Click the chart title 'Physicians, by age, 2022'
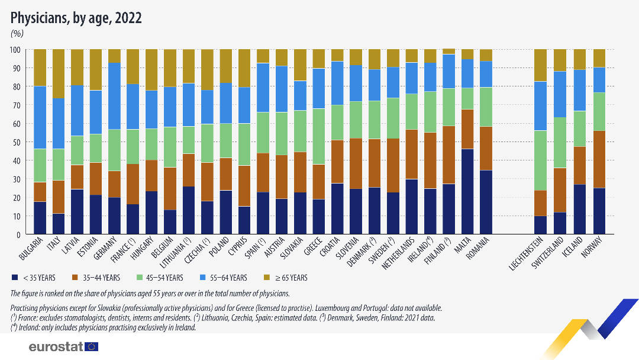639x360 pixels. pyautogui.click(x=76, y=18)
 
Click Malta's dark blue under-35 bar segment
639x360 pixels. pyautogui.click(x=467, y=191)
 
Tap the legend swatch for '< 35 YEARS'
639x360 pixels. pyautogui.click(x=14, y=277)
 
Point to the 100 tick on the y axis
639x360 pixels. pyautogui.click(x=15, y=50)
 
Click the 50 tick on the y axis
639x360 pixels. pyautogui.click(x=17, y=142)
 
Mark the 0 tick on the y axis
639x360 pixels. pyautogui.click(x=19, y=234)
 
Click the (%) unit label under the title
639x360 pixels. pyautogui.click(x=17, y=33)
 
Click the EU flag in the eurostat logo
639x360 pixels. pyautogui.click(x=91, y=347)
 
